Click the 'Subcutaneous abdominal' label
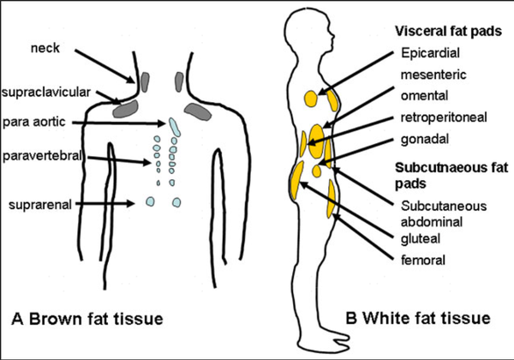point(433,213)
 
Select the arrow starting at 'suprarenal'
point(111,204)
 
